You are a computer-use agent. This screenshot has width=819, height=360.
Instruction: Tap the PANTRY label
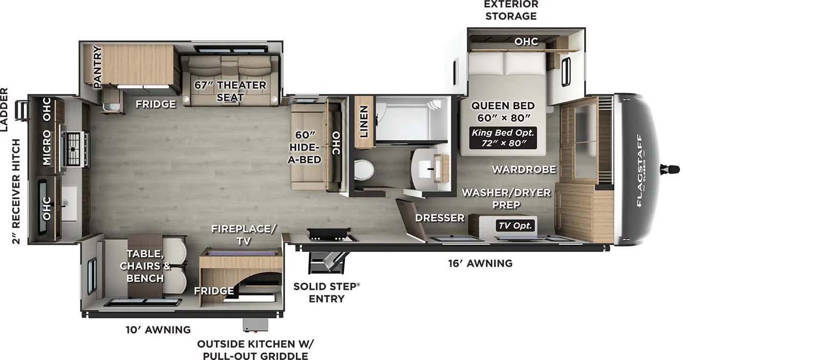pyautogui.click(x=97, y=67)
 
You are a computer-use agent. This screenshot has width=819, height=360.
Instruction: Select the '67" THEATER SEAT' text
pyautogui.click(x=230, y=91)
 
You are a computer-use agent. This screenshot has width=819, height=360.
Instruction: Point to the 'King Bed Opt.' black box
pyautogui.click(x=503, y=138)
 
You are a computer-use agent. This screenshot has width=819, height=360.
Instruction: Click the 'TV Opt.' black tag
pyautogui.click(x=515, y=225)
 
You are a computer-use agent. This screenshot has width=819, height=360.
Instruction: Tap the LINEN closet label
pyautogui.click(x=363, y=121)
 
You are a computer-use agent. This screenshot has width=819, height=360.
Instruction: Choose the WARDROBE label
pyautogui.click(x=524, y=169)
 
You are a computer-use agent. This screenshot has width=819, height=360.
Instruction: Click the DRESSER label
pyautogui.click(x=440, y=218)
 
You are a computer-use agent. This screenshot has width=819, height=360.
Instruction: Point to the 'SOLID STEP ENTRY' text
pyautogui.click(x=327, y=292)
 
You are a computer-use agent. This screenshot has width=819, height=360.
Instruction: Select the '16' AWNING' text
pyautogui.click(x=480, y=263)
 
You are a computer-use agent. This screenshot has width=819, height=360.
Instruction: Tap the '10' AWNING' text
pyautogui.click(x=158, y=330)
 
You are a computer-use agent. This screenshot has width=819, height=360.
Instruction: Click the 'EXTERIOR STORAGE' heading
pyautogui.click(x=511, y=10)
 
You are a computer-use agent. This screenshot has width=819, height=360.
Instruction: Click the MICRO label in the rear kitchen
pyautogui.click(x=47, y=147)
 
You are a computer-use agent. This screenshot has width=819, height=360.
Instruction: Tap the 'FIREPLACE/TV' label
pyautogui.click(x=244, y=235)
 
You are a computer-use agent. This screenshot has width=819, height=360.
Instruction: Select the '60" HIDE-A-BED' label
pyautogui.click(x=305, y=147)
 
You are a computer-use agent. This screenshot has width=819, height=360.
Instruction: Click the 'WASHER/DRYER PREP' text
pyautogui.click(x=506, y=198)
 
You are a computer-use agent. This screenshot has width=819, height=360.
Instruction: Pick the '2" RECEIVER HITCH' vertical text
pyautogui.click(x=16, y=191)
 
